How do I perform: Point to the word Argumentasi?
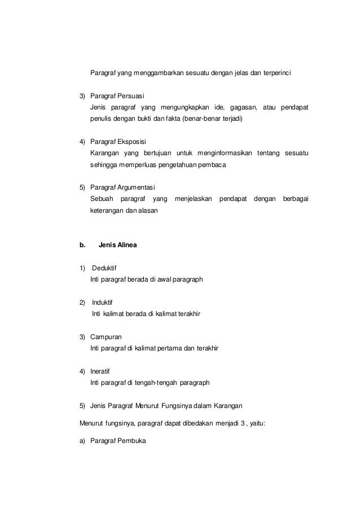pyautogui.click(x=136, y=187)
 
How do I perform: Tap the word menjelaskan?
pyautogui.click(x=193, y=200)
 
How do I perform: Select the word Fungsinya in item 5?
pyautogui.click(x=177, y=406)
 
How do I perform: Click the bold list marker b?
pyautogui.click(x=82, y=245)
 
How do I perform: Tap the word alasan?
pyautogui.click(x=148, y=212)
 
